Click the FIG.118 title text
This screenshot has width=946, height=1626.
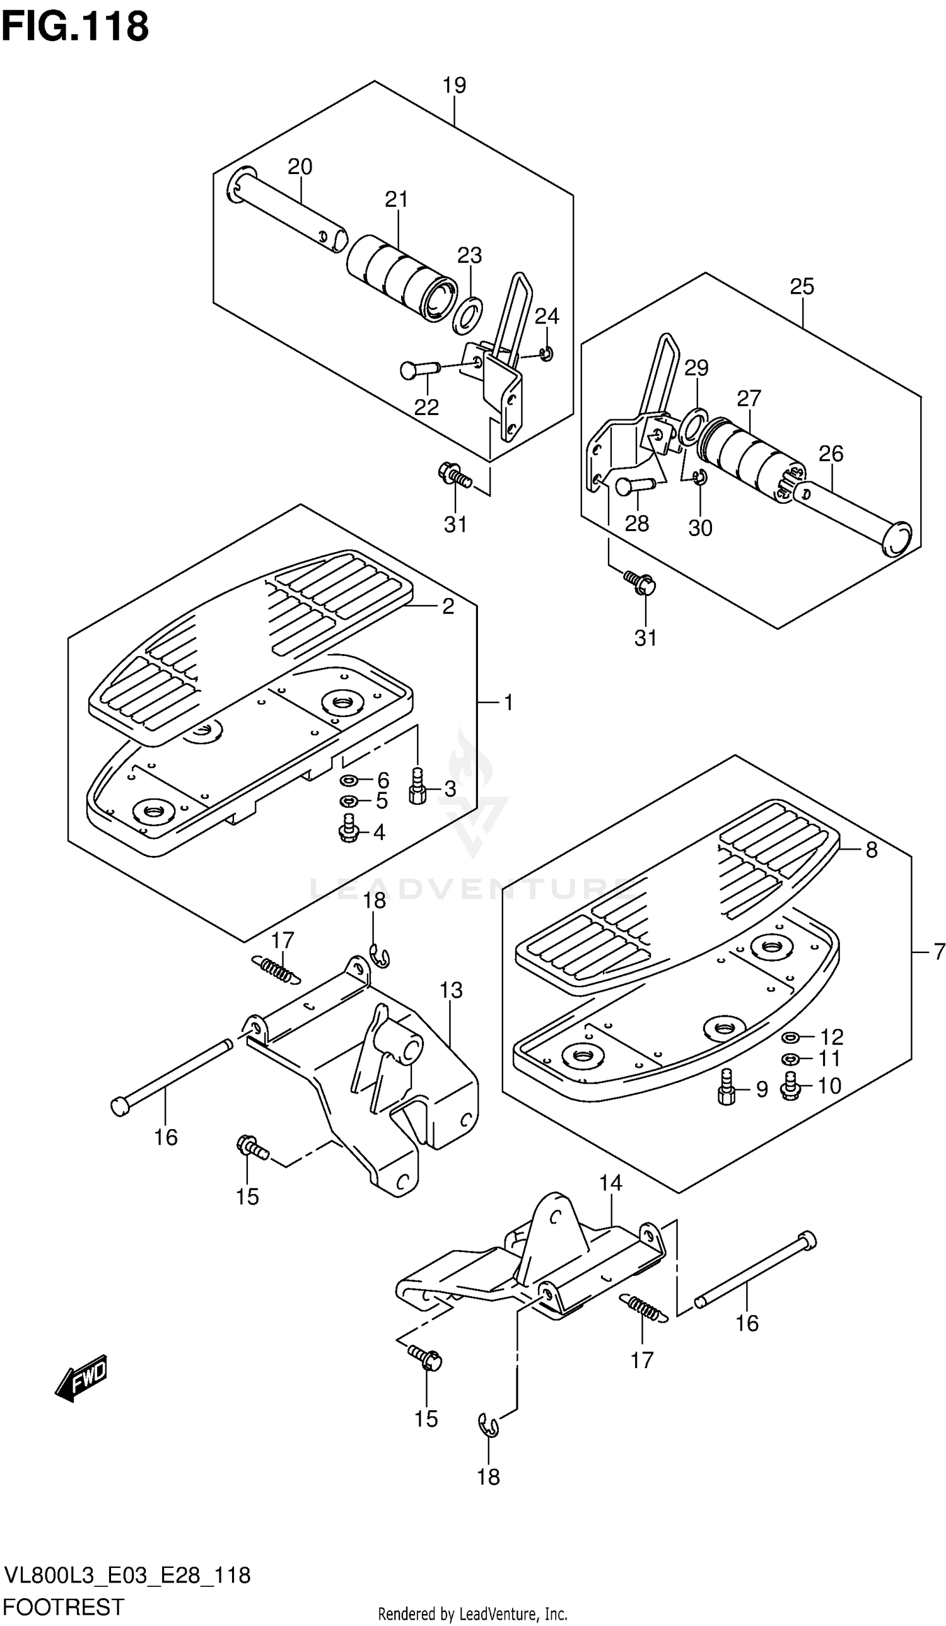(75, 27)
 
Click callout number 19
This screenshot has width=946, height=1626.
(454, 85)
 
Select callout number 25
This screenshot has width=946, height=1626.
(802, 286)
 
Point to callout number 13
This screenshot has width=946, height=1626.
(451, 990)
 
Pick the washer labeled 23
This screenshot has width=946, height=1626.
(468, 315)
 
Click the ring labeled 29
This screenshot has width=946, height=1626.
(694, 426)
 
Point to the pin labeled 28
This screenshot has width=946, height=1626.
(635, 484)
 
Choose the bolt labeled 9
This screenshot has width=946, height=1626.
(727, 1089)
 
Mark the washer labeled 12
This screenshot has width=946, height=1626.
(790, 1037)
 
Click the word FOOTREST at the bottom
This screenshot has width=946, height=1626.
(64, 1606)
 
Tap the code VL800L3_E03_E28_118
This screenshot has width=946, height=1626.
(127, 1575)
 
